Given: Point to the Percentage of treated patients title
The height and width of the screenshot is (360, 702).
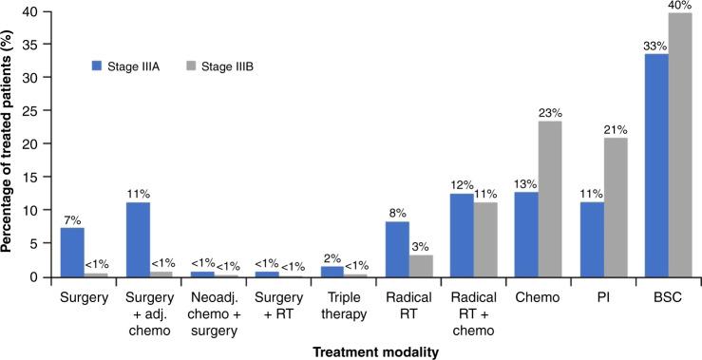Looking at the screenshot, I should coord(11,142).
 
